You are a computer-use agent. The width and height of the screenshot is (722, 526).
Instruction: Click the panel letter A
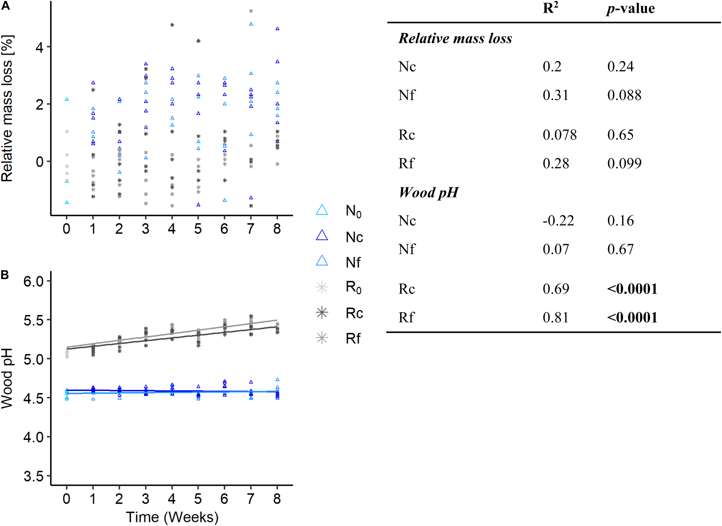click(5, 5)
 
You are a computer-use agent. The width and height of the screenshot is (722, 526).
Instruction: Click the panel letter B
click(5, 274)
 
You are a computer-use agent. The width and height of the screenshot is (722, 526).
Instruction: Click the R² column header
click(550, 8)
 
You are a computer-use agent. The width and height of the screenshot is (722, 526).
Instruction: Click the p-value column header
click(630, 8)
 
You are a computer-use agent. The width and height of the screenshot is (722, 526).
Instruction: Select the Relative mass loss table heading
click(455, 38)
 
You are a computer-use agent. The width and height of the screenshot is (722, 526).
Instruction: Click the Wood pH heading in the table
click(429, 193)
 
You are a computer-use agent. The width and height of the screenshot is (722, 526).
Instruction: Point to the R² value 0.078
click(559, 135)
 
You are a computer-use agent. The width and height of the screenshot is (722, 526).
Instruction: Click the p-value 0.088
click(624, 95)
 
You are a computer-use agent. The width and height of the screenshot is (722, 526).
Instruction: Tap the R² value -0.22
click(558, 221)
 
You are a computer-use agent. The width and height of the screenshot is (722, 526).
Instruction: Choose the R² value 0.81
click(556, 317)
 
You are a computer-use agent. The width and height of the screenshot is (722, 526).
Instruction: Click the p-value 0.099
click(624, 163)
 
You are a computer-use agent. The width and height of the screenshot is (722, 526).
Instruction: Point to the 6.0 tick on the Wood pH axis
click(33, 281)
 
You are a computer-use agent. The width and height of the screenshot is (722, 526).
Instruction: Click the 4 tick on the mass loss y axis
click(40, 47)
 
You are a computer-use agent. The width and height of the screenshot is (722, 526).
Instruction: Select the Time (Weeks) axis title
click(172, 517)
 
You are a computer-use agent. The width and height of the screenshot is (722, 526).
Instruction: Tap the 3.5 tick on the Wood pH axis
click(33, 476)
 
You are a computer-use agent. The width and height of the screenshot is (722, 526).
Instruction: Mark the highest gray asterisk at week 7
click(251, 11)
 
